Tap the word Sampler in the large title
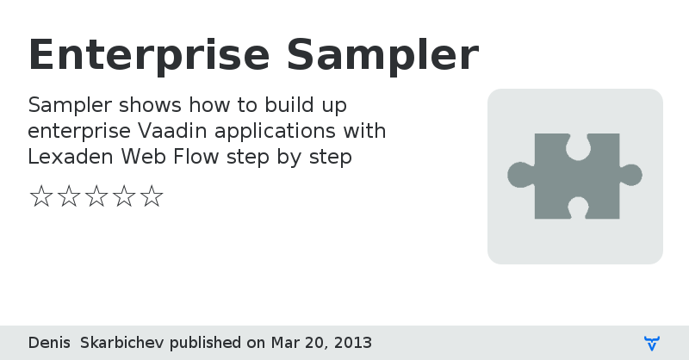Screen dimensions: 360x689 coord(382,55)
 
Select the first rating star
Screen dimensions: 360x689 coord(40,196)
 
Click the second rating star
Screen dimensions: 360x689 coord(68,196)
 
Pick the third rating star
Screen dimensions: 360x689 coord(96,196)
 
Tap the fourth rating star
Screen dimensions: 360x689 coord(124,196)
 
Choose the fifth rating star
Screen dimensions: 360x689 coord(152,196)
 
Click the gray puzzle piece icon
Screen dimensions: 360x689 coord(574,176)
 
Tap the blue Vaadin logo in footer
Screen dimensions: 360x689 coord(652,343)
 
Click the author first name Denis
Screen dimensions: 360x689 coord(49,343)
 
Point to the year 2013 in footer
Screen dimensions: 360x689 coord(353,343)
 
